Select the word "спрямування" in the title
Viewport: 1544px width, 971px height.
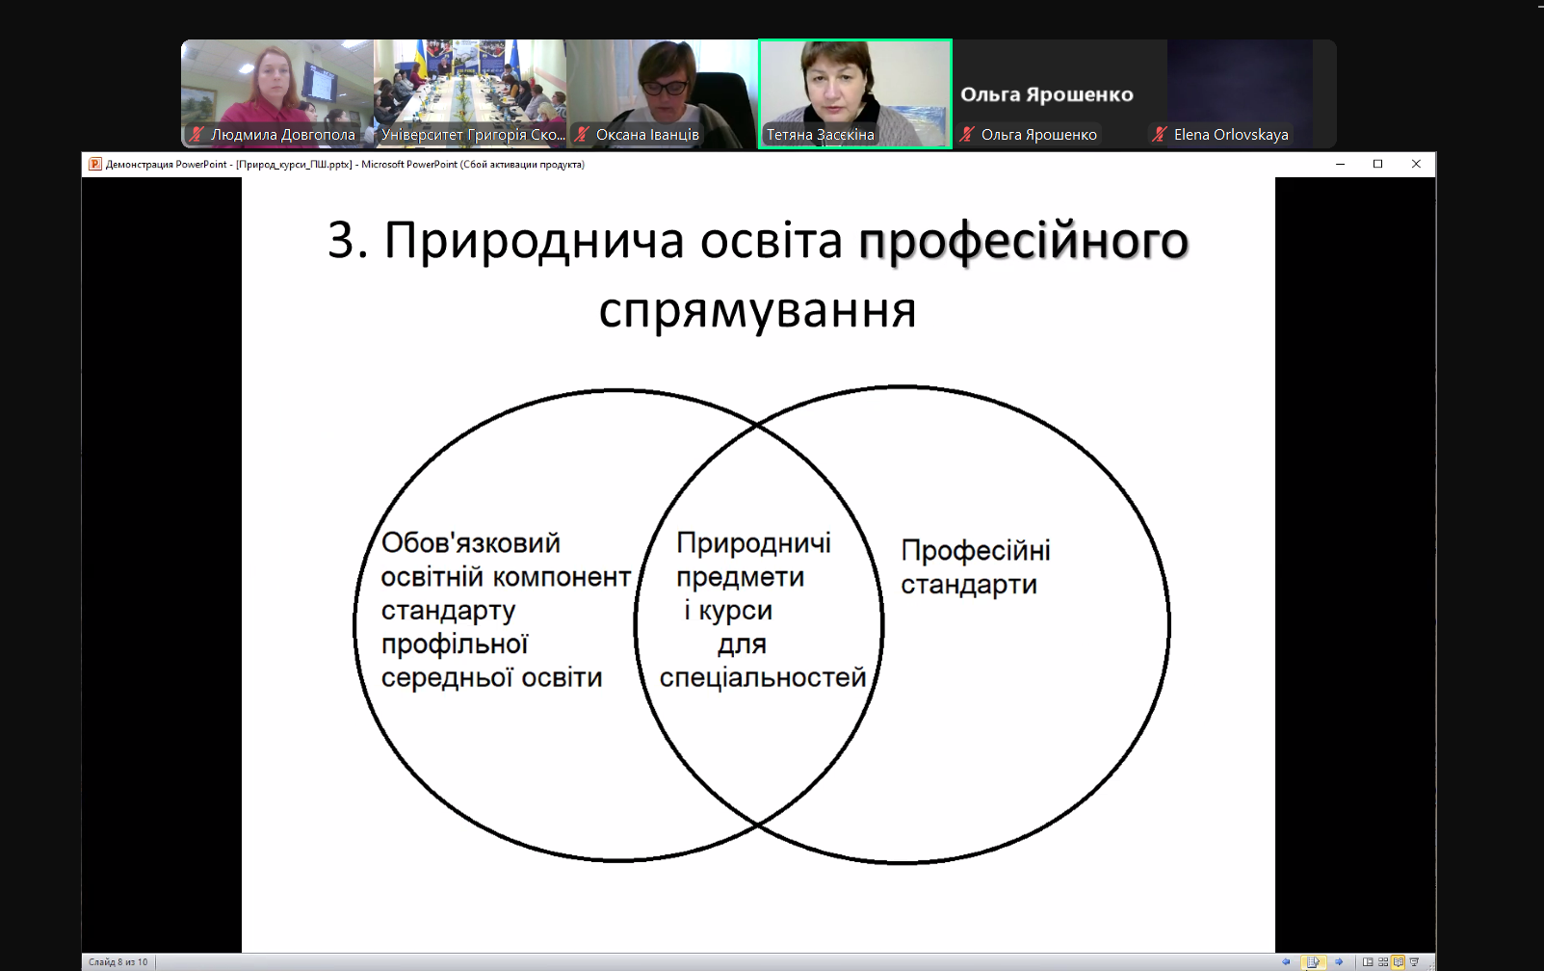tap(757, 311)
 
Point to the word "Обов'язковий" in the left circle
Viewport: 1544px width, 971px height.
tap(471, 543)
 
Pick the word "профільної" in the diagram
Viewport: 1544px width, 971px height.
tap(455, 644)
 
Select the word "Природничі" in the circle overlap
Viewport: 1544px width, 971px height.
tap(753, 544)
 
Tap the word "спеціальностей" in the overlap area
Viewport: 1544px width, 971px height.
tap(762, 678)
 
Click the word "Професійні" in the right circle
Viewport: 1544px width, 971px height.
tap(976, 551)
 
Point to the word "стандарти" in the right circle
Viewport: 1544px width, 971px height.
tap(968, 585)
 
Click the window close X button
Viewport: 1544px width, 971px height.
tap(1416, 164)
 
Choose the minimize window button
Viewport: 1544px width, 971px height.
tap(1340, 164)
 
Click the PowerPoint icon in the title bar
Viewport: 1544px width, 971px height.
tap(95, 164)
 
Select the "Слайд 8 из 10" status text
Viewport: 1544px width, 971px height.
tap(118, 962)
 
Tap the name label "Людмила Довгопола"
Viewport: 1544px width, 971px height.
tap(282, 135)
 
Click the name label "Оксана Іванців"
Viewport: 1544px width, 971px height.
tap(647, 135)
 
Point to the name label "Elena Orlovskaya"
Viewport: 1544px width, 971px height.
tap(1231, 135)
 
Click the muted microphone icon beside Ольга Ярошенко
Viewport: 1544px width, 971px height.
tap(967, 135)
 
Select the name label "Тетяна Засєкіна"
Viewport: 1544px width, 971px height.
tap(821, 135)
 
